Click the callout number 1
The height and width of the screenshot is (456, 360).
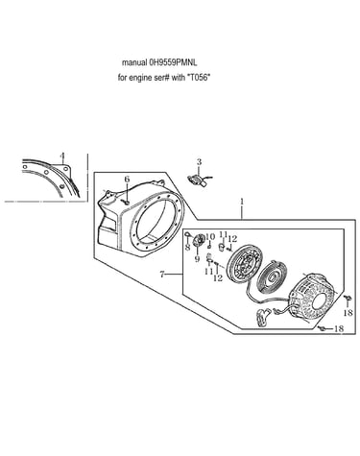[242, 202]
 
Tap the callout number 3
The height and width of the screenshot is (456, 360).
[199, 162]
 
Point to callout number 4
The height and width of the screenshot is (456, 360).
[62, 156]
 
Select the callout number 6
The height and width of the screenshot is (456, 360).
[127, 180]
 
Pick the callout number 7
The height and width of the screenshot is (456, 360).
[162, 275]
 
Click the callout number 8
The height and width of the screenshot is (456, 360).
[188, 247]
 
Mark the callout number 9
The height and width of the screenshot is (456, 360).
[197, 258]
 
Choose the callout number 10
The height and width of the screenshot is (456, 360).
[210, 237]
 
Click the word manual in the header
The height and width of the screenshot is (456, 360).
[134, 62]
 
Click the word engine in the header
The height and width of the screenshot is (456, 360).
[140, 79]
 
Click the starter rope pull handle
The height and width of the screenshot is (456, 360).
[263, 318]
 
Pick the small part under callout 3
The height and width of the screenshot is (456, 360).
[198, 180]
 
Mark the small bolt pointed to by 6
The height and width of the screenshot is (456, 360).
[126, 202]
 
